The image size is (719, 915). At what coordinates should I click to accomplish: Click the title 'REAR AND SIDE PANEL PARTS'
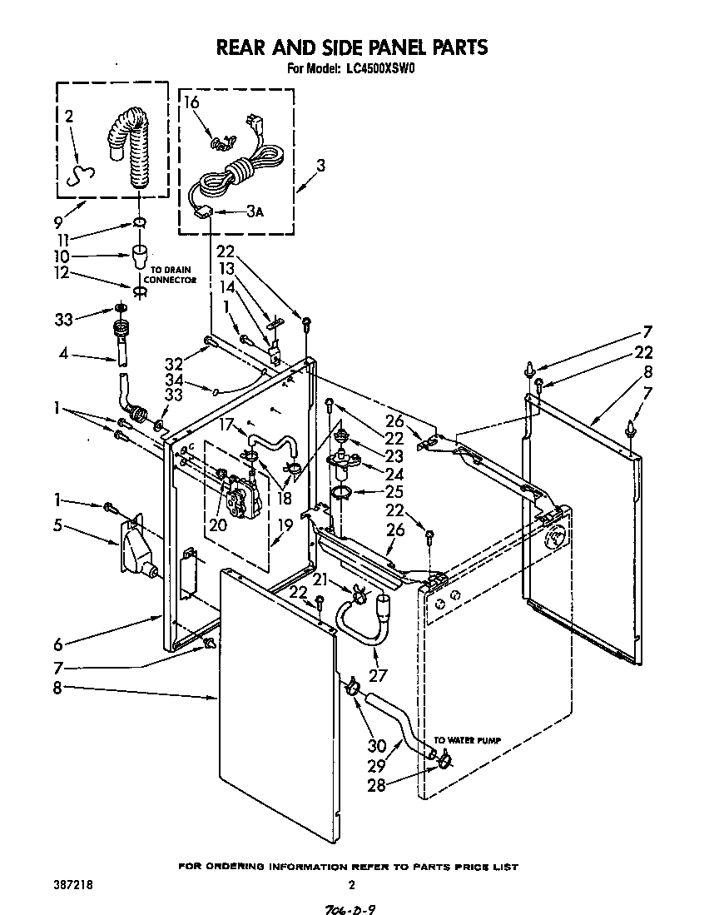351,47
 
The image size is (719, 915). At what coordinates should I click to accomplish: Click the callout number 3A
255,212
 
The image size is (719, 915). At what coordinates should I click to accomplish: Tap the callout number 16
191,103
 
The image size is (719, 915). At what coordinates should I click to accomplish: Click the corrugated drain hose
128,150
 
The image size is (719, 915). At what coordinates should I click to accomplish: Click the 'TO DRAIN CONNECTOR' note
171,275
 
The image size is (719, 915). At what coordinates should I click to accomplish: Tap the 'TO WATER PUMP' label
467,739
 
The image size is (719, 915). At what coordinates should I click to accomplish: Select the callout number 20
217,525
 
